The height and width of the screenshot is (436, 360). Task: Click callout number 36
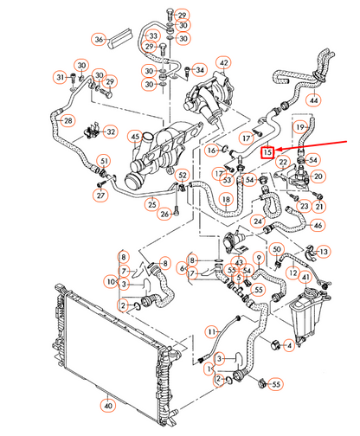click(100, 40)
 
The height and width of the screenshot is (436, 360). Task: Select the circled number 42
click(224, 63)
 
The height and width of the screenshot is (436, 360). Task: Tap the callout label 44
click(314, 101)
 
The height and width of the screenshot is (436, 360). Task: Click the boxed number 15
click(268, 151)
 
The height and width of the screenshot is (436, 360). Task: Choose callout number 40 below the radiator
click(106, 403)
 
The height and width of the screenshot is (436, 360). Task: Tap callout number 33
click(153, 36)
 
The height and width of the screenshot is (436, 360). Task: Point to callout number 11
click(210, 331)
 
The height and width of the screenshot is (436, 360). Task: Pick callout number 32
click(110, 131)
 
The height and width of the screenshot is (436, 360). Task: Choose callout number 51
click(103, 160)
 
